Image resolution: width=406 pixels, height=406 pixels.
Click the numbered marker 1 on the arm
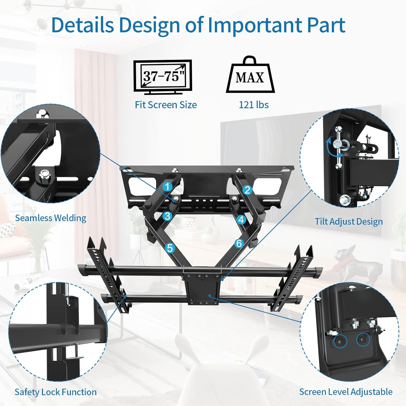click(167, 187)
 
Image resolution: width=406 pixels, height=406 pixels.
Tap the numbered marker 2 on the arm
click(247, 190)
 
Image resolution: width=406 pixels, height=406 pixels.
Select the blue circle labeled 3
click(168, 216)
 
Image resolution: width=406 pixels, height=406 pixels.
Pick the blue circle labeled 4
click(241, 220)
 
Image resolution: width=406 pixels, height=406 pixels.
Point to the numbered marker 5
click(170, 248)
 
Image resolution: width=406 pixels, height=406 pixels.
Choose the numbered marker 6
click(239, 243)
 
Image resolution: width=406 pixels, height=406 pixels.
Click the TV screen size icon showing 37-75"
click(163, 77)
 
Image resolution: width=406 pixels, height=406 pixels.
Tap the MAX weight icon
click(250, 76)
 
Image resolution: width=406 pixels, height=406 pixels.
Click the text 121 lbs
click(254, 105)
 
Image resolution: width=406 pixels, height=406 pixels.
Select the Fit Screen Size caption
click(166, 105)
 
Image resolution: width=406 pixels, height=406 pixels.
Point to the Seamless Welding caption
click(51, 218)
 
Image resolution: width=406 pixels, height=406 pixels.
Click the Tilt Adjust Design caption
click(349, 221)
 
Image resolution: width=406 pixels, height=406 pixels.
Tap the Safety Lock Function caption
click(55, 392)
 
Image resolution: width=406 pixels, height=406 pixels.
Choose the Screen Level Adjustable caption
click(346, 392)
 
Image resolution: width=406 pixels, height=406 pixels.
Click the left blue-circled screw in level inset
click(340, 342)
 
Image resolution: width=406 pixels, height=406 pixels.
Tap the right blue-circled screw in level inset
click(363, 340)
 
